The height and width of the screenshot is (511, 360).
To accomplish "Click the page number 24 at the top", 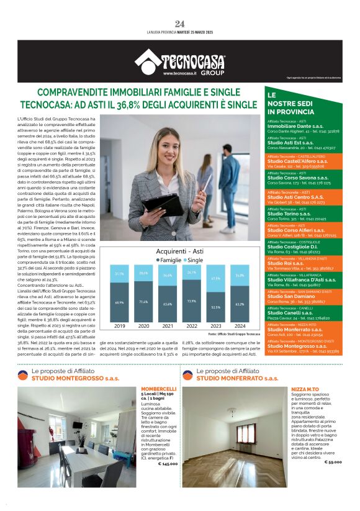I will (180, 24).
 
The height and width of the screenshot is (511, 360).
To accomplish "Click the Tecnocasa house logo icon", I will (146, 60).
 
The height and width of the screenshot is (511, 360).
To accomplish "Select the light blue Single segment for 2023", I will (215, 279).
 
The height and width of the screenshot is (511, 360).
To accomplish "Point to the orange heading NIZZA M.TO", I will (304, 389).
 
